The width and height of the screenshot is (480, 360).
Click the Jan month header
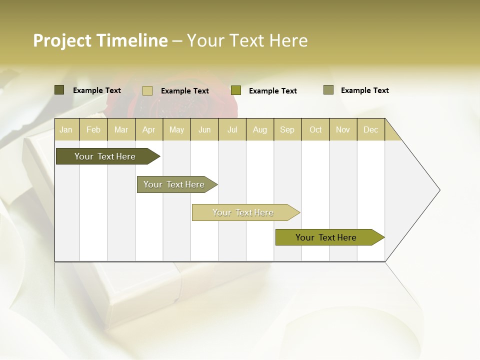[66, 130]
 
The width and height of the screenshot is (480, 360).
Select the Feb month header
[93, 130]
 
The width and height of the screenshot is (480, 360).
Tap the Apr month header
[149, 130]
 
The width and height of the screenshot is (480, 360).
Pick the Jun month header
[204, 130]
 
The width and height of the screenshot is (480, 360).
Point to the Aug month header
[260, 130]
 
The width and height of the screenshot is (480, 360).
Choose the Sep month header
[287, 130]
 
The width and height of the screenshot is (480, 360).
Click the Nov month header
[343, 130]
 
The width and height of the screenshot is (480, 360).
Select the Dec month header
[370, 130]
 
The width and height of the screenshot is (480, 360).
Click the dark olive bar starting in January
[105, 156]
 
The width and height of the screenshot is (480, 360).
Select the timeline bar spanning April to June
[174, 184]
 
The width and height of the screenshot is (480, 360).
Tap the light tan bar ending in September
[243, 212]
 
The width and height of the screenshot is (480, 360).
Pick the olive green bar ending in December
[326, 237]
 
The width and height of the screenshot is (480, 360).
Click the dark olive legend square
[59, 90]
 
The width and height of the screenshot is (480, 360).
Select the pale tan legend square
[147, 90]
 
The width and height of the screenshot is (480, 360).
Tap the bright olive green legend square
[236, 90]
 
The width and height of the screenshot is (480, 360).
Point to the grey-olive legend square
[328, 90]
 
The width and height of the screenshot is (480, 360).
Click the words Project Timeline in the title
[100, 40]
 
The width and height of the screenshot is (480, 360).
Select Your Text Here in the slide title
[247, 40]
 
